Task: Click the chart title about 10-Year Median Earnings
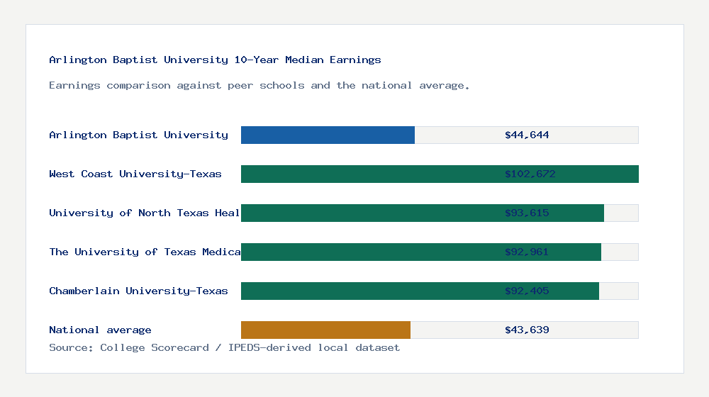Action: tap(215, 60)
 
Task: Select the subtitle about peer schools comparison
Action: tap(259, 86)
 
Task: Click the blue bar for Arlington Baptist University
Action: tap(328, 135)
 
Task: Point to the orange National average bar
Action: tap(325, 330)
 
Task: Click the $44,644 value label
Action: tap(527, 135)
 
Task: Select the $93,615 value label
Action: tap(527, 213)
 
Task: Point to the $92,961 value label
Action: tap(527, 252)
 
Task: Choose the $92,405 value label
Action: tap(527, 291)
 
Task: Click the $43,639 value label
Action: tap(527, 330)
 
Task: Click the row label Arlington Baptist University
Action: tap(138, 135)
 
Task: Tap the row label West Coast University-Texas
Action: tap(135, 174)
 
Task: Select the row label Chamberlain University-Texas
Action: tap(138, 291)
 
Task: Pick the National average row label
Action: tap(100, 330)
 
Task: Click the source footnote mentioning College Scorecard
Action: tap(224, 347)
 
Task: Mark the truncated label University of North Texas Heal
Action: tap(145, 213)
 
